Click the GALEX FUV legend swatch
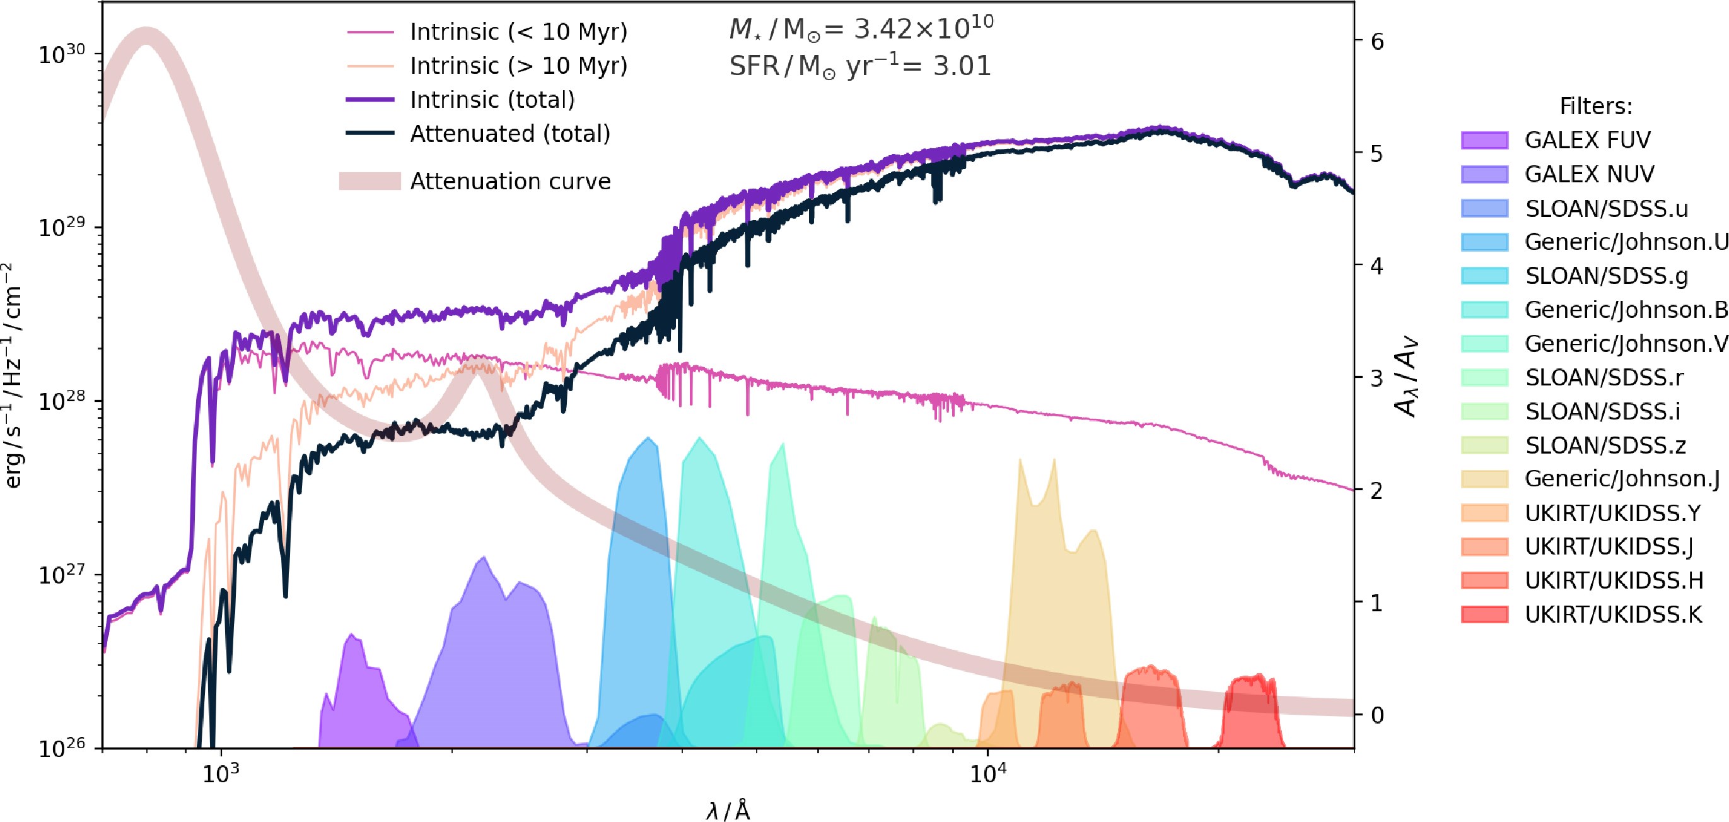[x=1484, y=140]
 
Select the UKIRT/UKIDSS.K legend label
[x=1613, y=614]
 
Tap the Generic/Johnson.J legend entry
[x=1622, y=479]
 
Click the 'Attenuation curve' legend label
[x=510, y=181]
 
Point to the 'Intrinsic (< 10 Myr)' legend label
[x=518, y=32]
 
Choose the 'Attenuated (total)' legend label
[x=510, y=134]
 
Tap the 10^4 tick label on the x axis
[x=986, y=774]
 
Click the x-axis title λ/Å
[x=728, y=810]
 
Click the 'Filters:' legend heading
[x=1595, y=106]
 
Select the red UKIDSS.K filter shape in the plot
[x=1250, y=715]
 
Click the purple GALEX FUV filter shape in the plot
[x=359, y=698]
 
